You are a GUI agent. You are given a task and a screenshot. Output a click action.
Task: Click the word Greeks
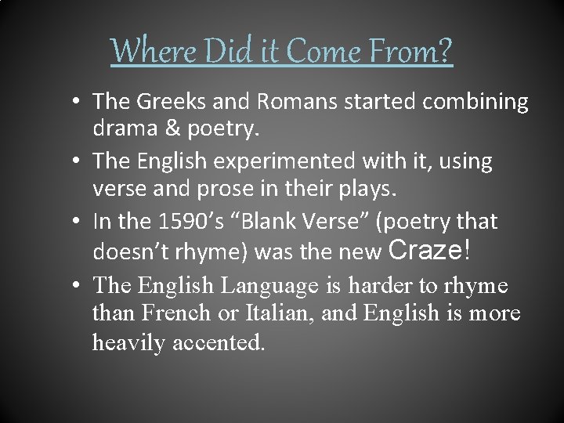tap(165, 102)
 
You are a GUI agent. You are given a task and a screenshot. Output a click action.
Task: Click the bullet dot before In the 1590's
tap(81, 222)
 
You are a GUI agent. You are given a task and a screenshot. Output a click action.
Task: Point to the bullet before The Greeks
tap(81, 102)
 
